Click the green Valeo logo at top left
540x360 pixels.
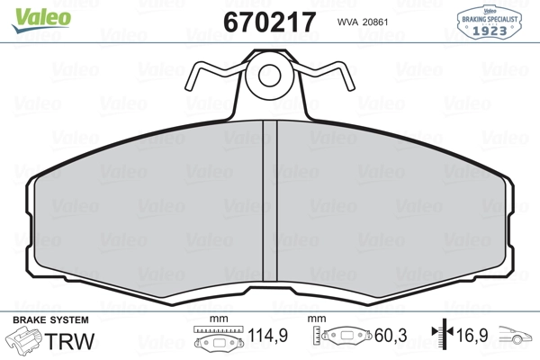click(41, 20)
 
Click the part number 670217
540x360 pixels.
click(269, 22)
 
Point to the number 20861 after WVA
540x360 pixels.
click(375, 22)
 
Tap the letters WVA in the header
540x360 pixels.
click(347, 22)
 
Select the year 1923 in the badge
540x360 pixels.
click(490, 31)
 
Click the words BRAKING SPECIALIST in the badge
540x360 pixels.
click(490, 19)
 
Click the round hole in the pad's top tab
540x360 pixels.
click(269, 75)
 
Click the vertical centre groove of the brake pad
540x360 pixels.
click(270, 201)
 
